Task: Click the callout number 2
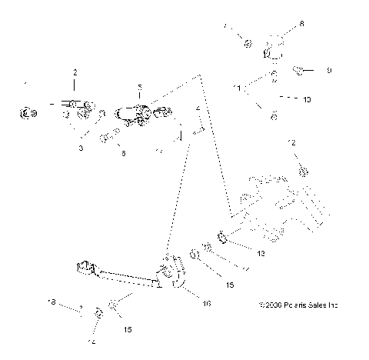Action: pos(75,72)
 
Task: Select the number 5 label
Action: pos(139,86)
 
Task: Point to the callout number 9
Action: pos(328,71)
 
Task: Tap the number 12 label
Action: pos(291,143)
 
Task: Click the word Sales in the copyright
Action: pos(314,305)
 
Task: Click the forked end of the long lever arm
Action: pos(85,269)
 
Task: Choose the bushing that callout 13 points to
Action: pos(221,236)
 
